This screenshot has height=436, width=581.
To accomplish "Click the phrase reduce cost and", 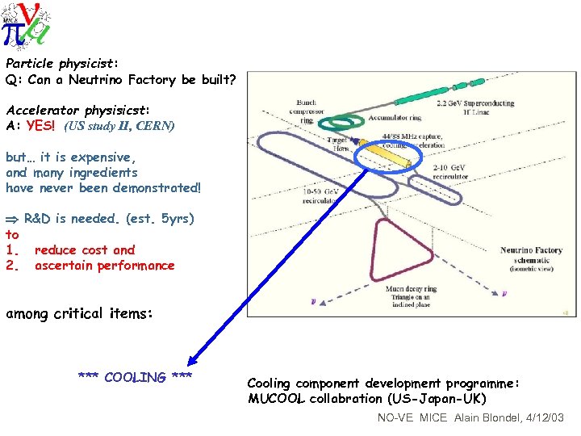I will (85, 250).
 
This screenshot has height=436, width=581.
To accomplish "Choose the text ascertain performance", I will (104, 266).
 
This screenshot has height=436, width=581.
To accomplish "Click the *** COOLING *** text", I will (135, 377).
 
